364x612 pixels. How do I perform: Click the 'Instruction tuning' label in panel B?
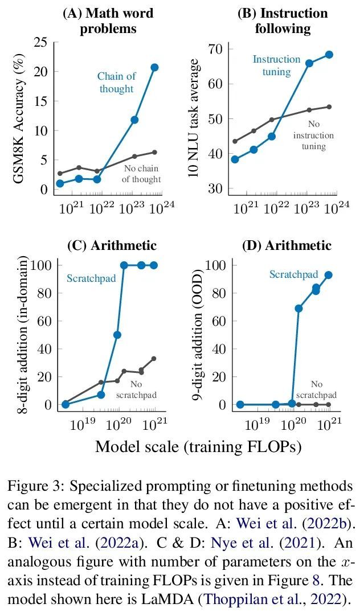coord(276,65)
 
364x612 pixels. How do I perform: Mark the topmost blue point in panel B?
coord(329,55)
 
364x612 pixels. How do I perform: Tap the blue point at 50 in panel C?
coord(117,335)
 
